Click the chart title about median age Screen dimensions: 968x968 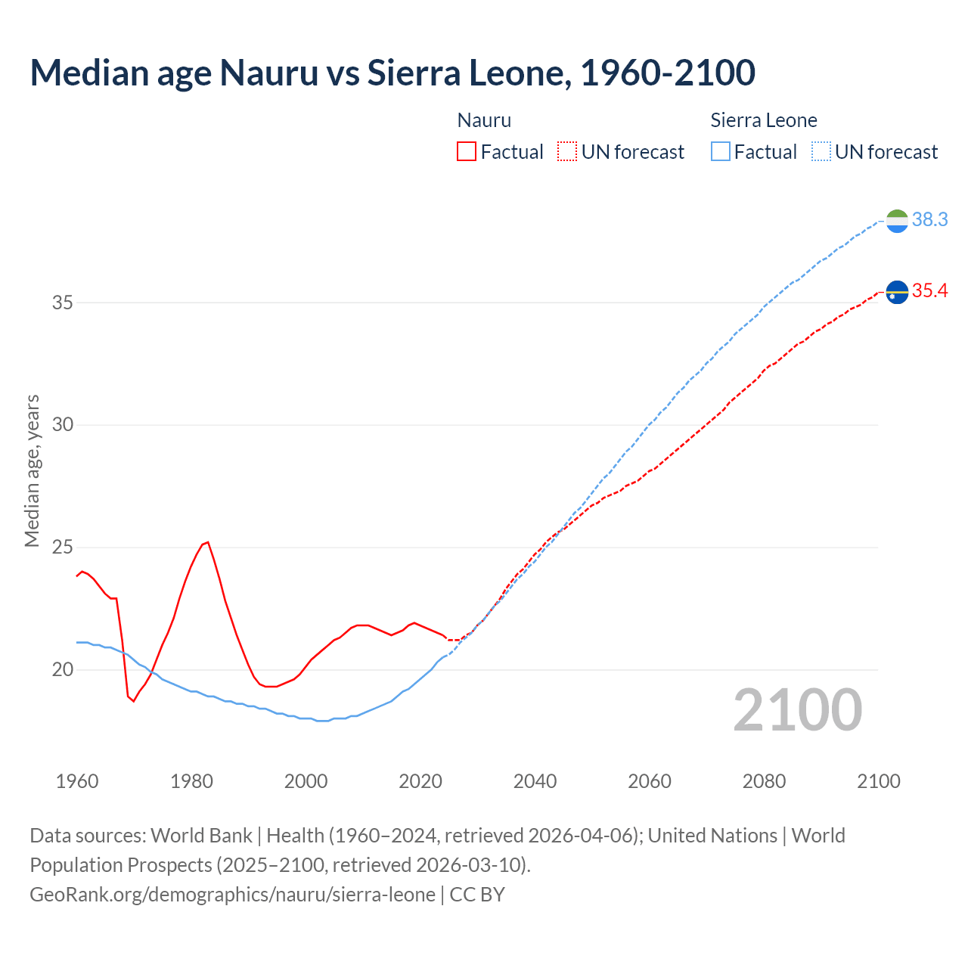392,73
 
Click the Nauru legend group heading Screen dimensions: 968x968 484,120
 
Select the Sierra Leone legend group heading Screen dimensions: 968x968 764,120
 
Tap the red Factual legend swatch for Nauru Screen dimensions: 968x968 467,151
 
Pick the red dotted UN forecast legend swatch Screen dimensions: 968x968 567,151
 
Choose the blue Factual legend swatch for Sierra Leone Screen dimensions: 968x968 721,151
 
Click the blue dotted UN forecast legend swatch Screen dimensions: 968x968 821,151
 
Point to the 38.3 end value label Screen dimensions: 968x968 929,219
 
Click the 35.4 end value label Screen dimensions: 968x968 929,291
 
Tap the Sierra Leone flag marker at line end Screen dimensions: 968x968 897,221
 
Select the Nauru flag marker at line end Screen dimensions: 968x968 897,292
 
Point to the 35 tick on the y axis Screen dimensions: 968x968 63,302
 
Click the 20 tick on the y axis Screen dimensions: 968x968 63,669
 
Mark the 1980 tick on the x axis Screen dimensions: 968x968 191,781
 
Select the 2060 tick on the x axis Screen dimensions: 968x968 650,781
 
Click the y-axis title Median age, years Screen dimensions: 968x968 32,470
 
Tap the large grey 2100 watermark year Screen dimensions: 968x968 798,709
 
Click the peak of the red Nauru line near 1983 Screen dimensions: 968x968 208,542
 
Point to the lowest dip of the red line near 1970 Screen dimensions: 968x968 133,701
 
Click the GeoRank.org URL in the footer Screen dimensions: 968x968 232,895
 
